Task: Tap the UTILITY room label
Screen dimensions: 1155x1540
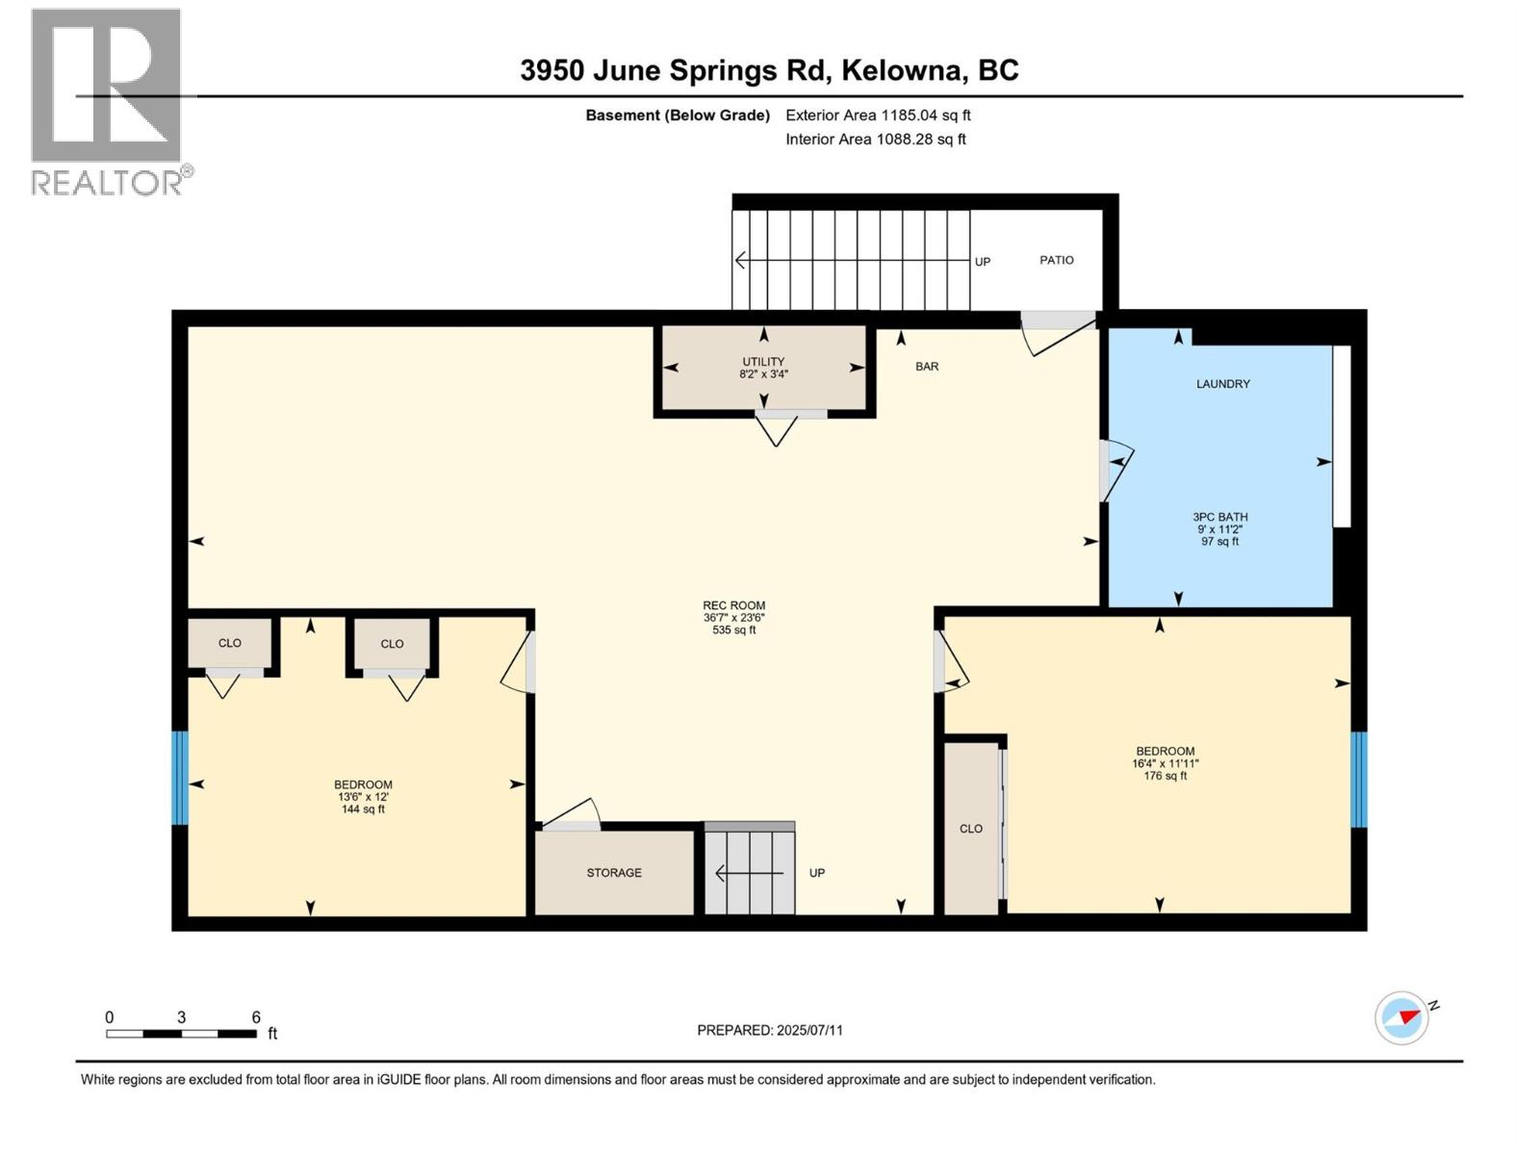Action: click(x=763, y=368)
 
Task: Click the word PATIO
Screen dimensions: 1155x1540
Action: click(x=1056, y=260)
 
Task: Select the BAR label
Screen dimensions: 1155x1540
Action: click(x=926, y=367)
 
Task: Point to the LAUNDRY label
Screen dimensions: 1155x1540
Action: click(x=1222, y=384)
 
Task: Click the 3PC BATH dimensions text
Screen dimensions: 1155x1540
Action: click(x=1219, y=529)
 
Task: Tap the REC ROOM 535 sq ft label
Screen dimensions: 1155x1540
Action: click(x=733, y=618)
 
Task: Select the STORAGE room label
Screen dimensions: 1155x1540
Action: click(x=614, y=873)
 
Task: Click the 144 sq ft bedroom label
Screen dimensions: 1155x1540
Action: click(x=363, y=797)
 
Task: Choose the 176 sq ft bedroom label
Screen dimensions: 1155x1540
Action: click(x=1165, y=763)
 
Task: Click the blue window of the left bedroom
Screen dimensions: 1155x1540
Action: click(x=179, y=778)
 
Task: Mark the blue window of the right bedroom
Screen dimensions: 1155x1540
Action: click(x=1358, y=780)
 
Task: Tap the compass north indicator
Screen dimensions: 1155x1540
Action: click(x=1403, y=1017)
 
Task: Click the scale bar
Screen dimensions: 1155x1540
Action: click(x=181, y=1034)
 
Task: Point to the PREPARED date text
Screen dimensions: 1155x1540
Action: click(x=769, y=1030)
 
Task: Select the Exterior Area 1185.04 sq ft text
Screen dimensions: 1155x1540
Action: click(x=877, y=115)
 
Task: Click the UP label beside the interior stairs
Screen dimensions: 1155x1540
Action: click(x=816, y=873)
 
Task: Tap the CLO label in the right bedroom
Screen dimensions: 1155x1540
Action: click(x=970, y=829)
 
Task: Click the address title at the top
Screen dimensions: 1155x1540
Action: click(x=769, y=70)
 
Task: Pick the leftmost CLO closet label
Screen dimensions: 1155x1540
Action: click(x=229, y=643)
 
